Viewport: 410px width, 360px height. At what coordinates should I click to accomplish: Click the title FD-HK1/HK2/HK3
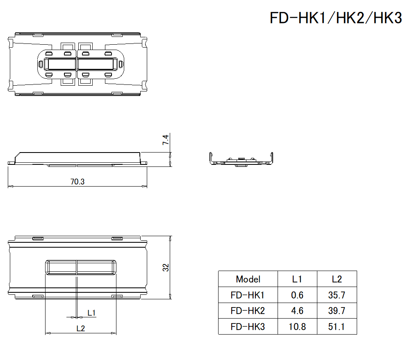pyautogui.click(x=335, y=18)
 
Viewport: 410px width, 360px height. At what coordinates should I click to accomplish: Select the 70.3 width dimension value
pyautogui.click(x=77, y=182)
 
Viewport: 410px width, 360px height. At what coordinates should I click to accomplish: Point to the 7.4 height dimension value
pyautogui.click(x=166, y=140)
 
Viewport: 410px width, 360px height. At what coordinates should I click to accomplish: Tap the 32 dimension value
pyautogui.click(x=166, y=267)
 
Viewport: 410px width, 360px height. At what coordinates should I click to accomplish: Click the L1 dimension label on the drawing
pyautogui.click(x=92, y=313)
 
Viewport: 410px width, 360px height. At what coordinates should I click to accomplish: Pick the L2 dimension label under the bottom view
pyautogui.click(x=80, y=328)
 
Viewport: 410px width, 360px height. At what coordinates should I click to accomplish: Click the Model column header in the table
pyautogui.click(x=248, y=279)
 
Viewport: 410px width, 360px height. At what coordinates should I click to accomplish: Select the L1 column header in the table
pyautogui.click(x=297, y=279)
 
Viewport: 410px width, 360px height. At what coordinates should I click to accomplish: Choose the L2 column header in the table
pyautogui.click(x=337, y=279)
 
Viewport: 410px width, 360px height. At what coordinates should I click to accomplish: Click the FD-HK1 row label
pyautogui.click(x=248, y=295)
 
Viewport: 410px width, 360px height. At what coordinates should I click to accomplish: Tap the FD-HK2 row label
pyautogui.click(x=248, y=311)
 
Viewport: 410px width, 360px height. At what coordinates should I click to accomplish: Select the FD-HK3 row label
pyautogui.click(x=248, y=327)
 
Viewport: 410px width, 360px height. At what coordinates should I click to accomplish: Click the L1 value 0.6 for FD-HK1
pyautogui.click(x=297, y=295)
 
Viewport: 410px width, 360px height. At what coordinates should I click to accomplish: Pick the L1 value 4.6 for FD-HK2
pyautogui.click(x=297, y=311)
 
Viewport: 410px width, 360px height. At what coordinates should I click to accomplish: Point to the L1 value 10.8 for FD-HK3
pyautogui.click(x=297, y=327)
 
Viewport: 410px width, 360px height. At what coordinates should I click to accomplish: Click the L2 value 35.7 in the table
pyautogui.click(x=337, y=295)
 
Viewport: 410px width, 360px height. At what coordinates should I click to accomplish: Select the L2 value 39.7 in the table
pyautogui.click(x=337, y=311)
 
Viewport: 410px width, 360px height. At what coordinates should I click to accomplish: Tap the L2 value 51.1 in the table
pyautogui.click(x=337, y=327)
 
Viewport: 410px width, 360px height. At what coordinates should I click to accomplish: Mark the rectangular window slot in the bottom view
pyautogui.click(x=80, y=267)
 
